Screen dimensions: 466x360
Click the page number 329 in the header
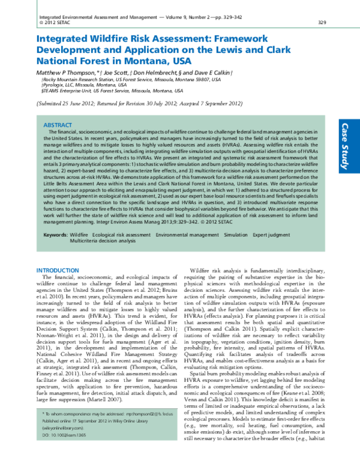[x=322, y=22]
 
